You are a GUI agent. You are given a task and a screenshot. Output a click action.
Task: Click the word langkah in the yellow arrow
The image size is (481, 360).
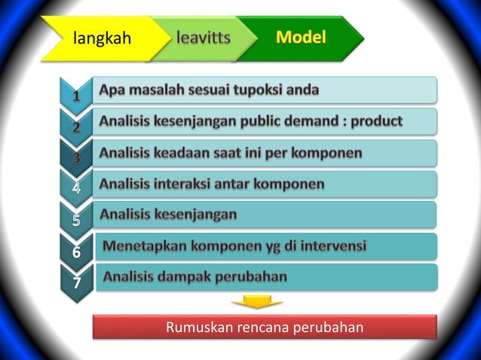pyautogui.click(x=103, y=38)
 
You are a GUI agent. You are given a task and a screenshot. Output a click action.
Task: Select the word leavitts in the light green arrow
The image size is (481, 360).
pyautogui.click(x=204, y=38)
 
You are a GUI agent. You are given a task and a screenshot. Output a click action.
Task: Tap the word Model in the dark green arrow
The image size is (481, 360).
pyautogui.click(x=301, y=37)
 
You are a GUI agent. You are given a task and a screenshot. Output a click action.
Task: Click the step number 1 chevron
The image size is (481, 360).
pyautogui.click(x=76, y=96)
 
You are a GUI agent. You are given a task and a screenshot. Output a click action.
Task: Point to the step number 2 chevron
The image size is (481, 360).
pyautogui.click(x=76, y=127)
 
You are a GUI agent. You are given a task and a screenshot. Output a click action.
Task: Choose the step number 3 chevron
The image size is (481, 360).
pyautogui.click(x=76, y=157)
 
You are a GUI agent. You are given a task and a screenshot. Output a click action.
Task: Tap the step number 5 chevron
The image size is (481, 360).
pyautogui.click(x=76, y=220)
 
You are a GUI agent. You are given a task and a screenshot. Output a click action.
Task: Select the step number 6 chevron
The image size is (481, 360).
pyautogui.click(x=76, y=252)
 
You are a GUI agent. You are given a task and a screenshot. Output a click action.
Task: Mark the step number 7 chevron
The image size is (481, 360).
pyautogui.click(x=76, y=282)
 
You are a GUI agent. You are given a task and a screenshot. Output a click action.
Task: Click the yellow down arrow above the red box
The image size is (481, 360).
pyautogui.click(x=257, y=302)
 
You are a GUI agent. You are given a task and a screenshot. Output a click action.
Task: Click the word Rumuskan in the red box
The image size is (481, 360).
pyautogui.click(x=198, y=328)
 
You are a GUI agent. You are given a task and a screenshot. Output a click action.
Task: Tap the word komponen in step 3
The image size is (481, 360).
pyautogui.click(x=326, y=153)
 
